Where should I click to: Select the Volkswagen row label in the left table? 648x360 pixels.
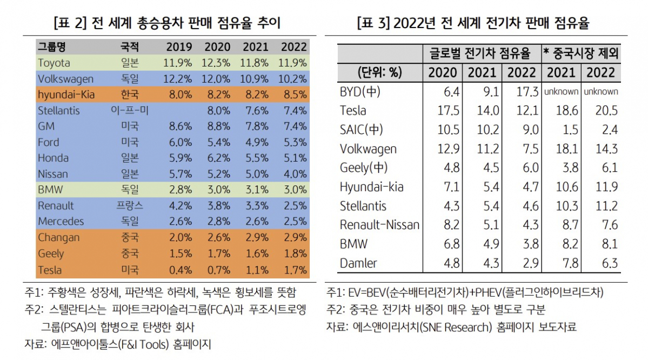65,79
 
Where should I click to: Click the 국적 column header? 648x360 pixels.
130,47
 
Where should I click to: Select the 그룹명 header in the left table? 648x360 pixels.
52,47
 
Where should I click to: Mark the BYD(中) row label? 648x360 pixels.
360,91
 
